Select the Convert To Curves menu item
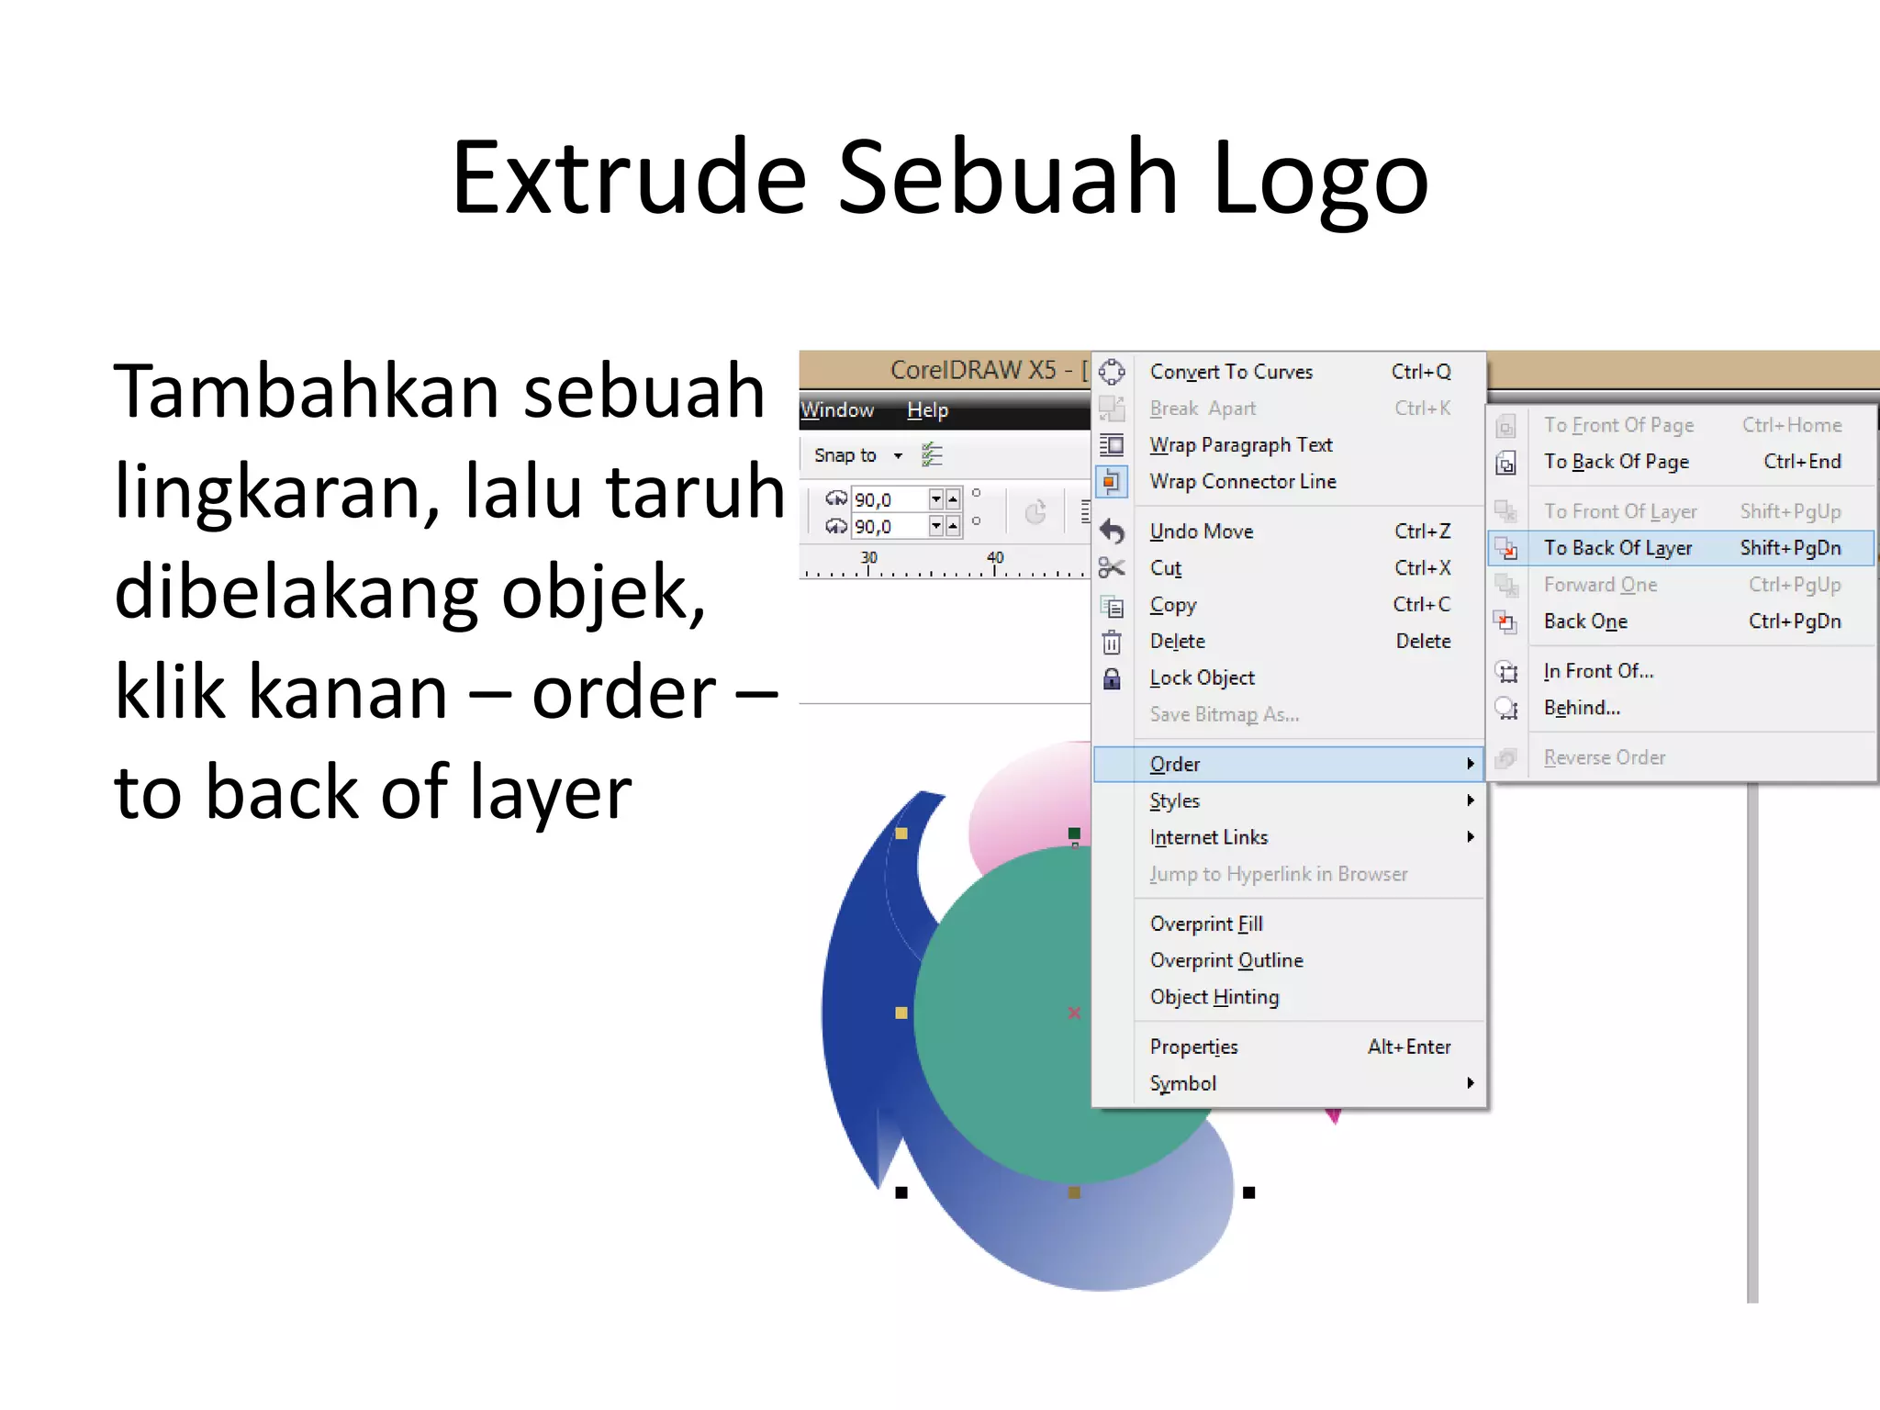click(x=1231, y=372)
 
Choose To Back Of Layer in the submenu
click(x=1617, y=548)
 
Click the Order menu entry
click(x=1175, y=764)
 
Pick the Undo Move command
click(x=1201, y=532)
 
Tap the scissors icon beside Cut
click(x=1112, y=568)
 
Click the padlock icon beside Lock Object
click(x=1112, y=678)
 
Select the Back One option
click(x=1585, y=621)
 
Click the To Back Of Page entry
click(x=1616, y=462)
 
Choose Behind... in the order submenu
click(x=1582, y=708)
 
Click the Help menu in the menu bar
click(x=927, y=410)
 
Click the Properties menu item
click(x=1193, y=1046)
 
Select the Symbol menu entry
click(x=1182, y=1083)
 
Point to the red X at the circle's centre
click(x=1074, y=1013)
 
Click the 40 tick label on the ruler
click(x=995, y=557)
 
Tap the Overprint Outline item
click(x=1226, y=960)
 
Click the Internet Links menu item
click(x=1208, y=837)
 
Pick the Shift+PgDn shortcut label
click(x=1790, y=548)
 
